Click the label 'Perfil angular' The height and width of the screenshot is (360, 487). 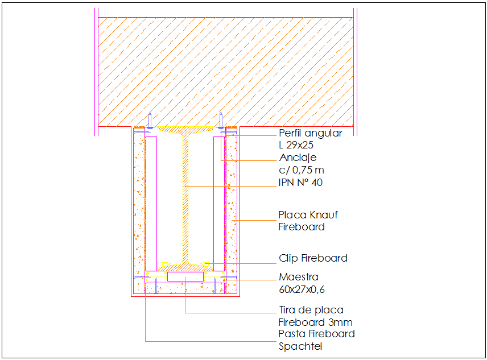(310, 133)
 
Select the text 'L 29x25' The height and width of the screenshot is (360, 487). (296, 145)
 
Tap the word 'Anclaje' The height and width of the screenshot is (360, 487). (298, 158)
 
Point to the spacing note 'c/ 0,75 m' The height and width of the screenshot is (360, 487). (301, 169)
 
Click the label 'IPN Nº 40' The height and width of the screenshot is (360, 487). (301, 182)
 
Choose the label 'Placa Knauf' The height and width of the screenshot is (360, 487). (308, 215)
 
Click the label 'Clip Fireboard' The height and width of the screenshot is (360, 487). (313, 258)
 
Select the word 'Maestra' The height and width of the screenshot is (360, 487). (299, 277)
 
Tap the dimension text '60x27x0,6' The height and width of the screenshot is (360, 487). (302, 289)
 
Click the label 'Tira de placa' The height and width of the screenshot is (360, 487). (311, 310)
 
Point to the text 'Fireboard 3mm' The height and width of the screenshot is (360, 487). (315, 322)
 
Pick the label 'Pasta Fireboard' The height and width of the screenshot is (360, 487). (316, 334)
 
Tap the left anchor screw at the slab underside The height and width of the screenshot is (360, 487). (149, 120)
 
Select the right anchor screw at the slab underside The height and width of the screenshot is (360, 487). (221, 120)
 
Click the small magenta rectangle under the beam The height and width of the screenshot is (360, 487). (185, 276)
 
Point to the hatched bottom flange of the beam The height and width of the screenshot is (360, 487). (185, 266)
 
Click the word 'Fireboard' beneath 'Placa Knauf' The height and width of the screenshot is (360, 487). (302, 227)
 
